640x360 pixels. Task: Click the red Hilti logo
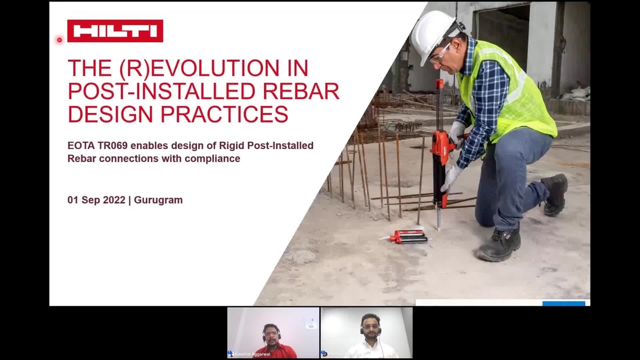pyautogui.click(x=115, y=31)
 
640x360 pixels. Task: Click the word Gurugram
pyautogui.click(x=158, y=200)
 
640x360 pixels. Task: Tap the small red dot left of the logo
pyautogui.click(x=59, y=40)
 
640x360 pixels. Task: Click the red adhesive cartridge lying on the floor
pyautogui.click(x=407, y=237)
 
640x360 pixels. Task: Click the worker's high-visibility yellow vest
pyautogui.click(x=507, y=93)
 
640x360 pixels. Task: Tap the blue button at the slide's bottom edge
pyautogui.click(x=563, y=303)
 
